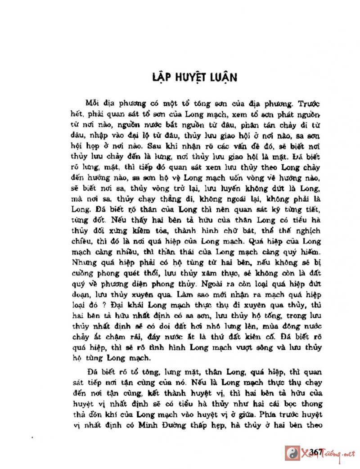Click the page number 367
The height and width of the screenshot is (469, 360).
[x=318, y=452]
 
